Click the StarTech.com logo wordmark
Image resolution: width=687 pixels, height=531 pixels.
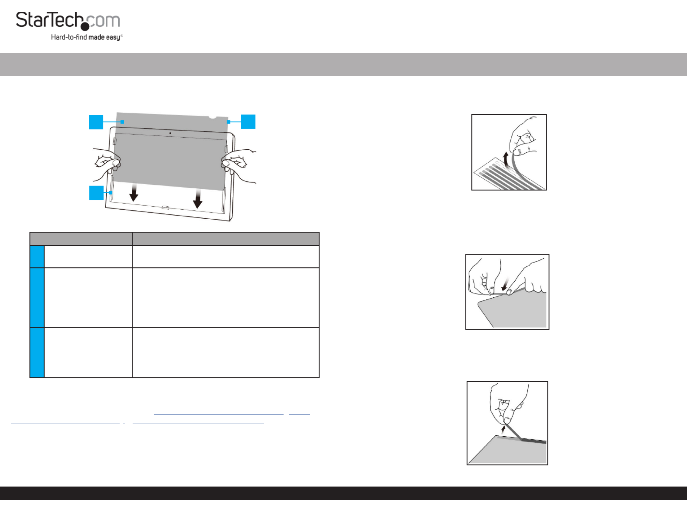[x=68, y=21]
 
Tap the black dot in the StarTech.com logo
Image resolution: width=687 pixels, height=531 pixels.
[x=85, y=26]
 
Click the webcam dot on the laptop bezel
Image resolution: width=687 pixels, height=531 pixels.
[x=170, y=133]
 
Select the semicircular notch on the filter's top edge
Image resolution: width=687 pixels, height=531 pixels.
[x=213, y=116]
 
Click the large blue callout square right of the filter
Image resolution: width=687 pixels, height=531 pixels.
[x=248, y=122]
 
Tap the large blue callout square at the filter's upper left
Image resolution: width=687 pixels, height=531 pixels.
[x=96, y=122]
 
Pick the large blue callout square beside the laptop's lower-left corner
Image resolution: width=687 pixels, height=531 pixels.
[x=97, y=193]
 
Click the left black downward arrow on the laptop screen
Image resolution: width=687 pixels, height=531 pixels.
[x=134, y=193]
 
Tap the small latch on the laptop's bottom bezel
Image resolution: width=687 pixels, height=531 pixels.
[x=165, y=207]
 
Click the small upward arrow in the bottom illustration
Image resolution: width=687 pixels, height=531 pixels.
[x=503, y=429]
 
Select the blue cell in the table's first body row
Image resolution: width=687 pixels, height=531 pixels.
[x=37, y=257]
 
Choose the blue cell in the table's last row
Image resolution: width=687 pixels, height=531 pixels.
[x=37, y=352]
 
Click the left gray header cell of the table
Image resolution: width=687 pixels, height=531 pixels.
[x=81, y=239]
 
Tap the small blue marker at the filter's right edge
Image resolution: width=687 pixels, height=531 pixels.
[x=229, y=122]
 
